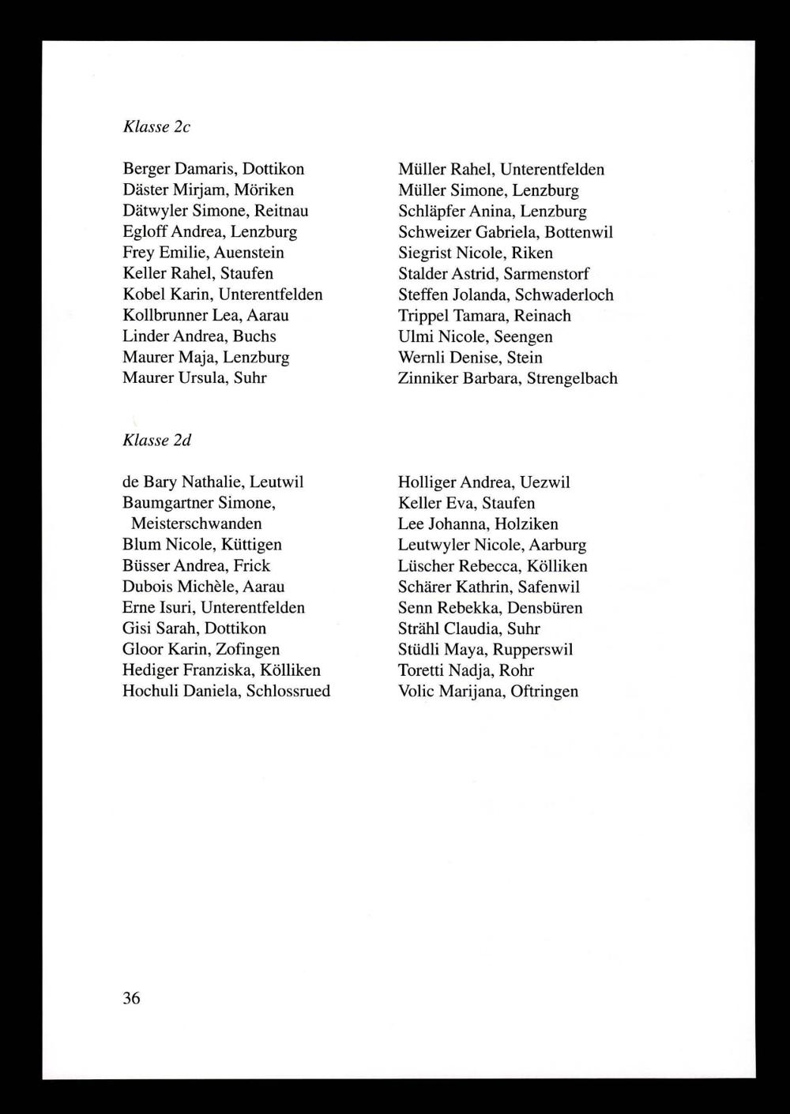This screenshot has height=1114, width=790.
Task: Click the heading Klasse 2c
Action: [156, 126]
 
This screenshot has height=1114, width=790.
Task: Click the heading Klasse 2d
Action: [157, 440]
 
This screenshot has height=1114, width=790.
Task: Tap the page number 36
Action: [131, 998]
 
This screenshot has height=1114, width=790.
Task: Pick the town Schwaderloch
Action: [564, 294]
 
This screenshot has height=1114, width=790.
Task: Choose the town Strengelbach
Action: [572, 378]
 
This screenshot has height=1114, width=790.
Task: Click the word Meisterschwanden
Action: [196, 523]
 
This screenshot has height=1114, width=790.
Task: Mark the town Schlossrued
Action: [288, 691]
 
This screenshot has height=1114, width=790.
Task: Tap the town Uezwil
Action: [545, 482]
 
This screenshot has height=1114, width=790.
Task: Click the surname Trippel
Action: [423, 316]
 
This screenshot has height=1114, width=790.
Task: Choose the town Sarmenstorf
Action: [547, 274]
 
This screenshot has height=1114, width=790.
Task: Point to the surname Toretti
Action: [421, 670]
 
